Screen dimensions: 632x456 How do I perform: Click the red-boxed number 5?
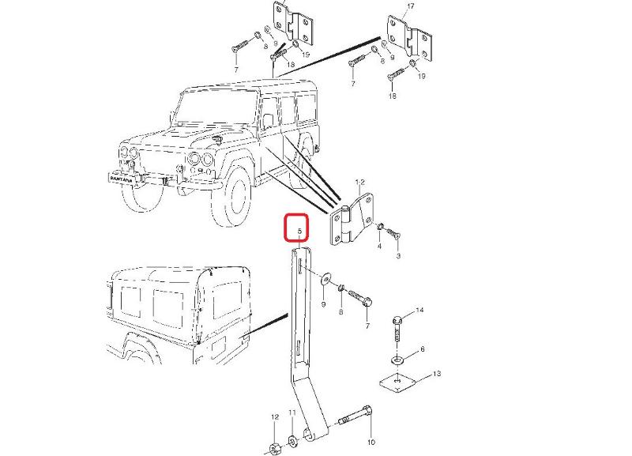[x=299, y=232]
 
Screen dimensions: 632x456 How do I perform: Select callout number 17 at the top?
[x=411, y=6]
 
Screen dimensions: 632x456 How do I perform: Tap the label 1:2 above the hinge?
[x=360, y=183]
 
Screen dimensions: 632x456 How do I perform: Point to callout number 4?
[x=379, y=246]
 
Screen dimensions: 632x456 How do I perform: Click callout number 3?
[x=398, y=255]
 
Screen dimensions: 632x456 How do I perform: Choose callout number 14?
[x=419, y=310]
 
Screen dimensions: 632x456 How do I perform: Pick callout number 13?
[x=437, y=374]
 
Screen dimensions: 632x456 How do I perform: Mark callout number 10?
[x=371, y=442]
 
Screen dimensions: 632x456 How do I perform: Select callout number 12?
[x=275, y=417]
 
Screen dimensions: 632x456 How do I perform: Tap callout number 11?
[x=292, y=413]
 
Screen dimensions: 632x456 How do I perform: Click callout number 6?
[x=423, y=349]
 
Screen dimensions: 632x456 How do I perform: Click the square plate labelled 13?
[x=398, y=383]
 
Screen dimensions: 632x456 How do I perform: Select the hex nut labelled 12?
[x=274, y=448]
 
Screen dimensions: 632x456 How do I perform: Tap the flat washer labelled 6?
[x=397, y=360]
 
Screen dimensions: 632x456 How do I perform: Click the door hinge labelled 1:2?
[x=352, y=220]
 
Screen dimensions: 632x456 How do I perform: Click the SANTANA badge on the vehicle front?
[x=121, y=179]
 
